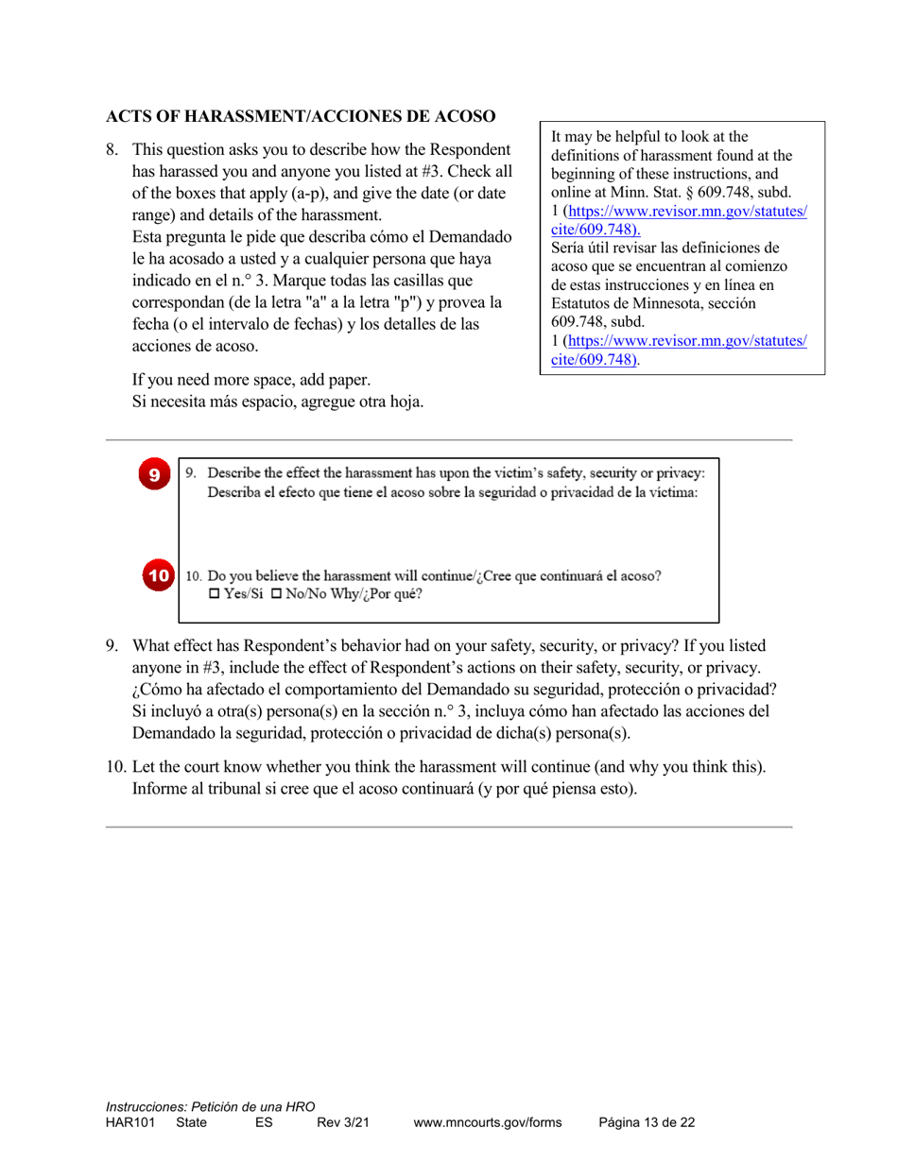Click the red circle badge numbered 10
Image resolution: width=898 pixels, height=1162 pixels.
pos(158,574)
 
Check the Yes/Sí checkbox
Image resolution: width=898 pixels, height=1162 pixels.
pos(213,594)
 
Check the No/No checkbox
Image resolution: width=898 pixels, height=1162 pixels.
pos(277,594)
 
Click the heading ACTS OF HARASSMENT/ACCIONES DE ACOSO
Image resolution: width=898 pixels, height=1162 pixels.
pos(300,117)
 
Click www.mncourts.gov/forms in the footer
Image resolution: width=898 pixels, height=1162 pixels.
pos(487,1122)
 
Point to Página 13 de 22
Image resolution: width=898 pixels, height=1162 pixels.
pos(647,1122)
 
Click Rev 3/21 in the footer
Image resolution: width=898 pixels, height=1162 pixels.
pos(342,1122)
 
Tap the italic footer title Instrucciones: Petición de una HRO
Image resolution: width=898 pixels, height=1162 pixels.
pos(210,1106)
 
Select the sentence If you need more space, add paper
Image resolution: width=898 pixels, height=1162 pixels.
pos(250,381)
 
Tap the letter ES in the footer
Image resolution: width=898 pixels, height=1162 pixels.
pos(264,1122)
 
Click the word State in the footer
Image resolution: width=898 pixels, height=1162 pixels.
pos(191,1122)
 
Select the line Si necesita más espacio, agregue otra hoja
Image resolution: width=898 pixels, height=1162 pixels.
pos(277,402)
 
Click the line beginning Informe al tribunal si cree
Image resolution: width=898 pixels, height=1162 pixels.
pos(384,788)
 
